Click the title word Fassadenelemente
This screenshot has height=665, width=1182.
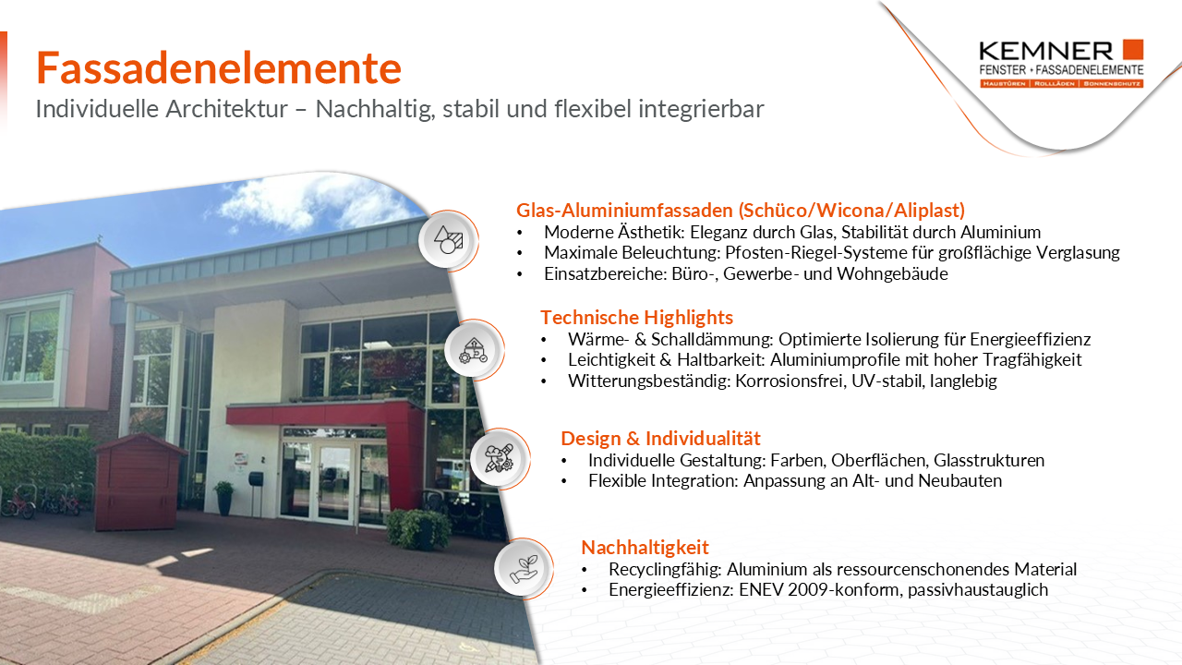[x=219, y=68]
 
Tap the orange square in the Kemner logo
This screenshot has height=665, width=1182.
[x=1133, y=49]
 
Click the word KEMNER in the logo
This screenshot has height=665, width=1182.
[x=1046, y=51]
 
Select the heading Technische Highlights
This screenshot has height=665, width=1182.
[x=636, y=317]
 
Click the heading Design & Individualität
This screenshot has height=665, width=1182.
[x=660, y=438]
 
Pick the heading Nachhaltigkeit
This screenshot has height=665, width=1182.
[x=645, y=548]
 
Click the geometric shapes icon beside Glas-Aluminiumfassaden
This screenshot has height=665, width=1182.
[x=448, y=240]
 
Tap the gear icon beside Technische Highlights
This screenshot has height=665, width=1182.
[x=474, y=349]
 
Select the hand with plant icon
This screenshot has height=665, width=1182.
[x=524, y=568]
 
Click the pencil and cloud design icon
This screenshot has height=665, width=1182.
[x=499, y=458]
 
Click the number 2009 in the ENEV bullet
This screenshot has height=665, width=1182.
[x=806, y=589]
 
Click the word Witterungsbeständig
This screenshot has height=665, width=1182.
[x=648, y=381]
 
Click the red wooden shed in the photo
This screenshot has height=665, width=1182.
[x=139, y=481]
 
